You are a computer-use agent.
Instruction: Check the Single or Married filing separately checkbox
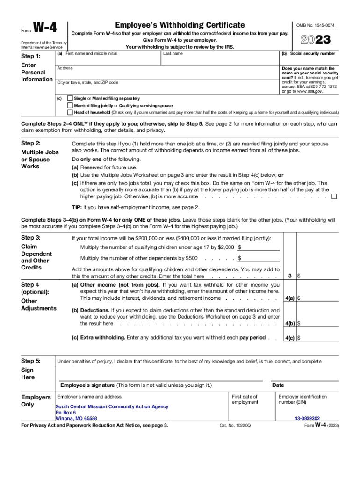[x=70, y=99]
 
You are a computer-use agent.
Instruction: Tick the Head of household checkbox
[x=70, y=113]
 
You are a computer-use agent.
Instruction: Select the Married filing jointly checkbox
[x=70, y=106]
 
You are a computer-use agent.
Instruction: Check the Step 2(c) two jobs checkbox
[x=334, y=197]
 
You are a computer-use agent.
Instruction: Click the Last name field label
[x=173, y=54]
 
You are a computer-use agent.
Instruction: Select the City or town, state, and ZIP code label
[x=87, y=83]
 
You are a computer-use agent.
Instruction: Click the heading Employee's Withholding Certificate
[x=180, y=25]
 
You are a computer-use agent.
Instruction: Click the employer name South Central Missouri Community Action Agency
[x=112, y=407]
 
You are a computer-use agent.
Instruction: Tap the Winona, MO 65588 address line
[x=76, y=419]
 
